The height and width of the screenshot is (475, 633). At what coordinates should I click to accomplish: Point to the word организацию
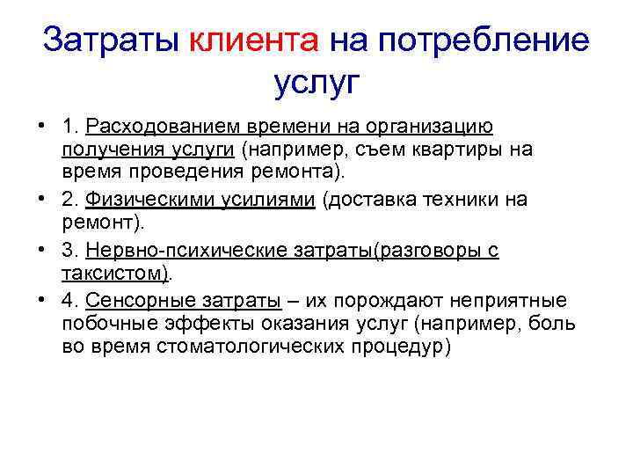coord(424,127)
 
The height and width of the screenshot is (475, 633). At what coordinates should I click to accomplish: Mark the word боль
coord(554,323)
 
